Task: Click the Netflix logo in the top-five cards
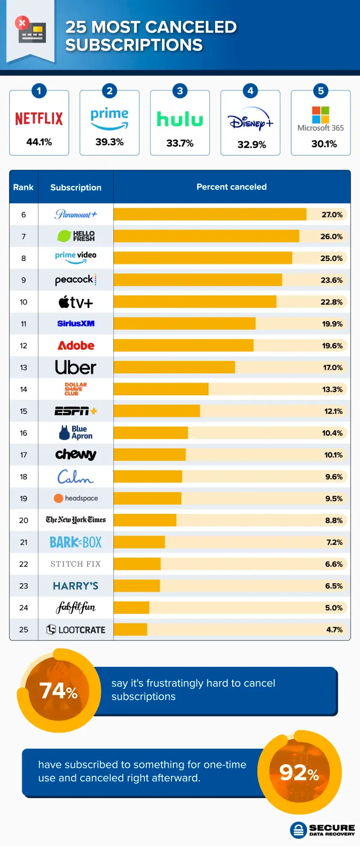(39, 119)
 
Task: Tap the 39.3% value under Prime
(109, 142)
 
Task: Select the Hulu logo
(180, 119)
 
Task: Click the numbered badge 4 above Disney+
(250, 91)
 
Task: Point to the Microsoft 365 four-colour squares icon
(320, 115)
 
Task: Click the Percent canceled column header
(231, 187)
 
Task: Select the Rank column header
(23, 187)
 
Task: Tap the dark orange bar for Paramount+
(210, 214)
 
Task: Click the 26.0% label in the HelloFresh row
(331, 236)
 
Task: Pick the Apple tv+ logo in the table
(76, 302)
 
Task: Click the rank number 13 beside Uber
(23, 368)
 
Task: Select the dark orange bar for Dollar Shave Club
(161, 389)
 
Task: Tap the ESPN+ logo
(76, 411)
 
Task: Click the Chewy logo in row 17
(76, 454)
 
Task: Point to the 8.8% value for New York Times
(334, 520)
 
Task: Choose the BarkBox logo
(76, 542)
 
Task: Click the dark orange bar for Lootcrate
(130, 630)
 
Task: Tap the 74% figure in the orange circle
(58, 691)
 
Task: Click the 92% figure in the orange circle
(299, 773)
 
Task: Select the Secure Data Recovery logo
(323, 830)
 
